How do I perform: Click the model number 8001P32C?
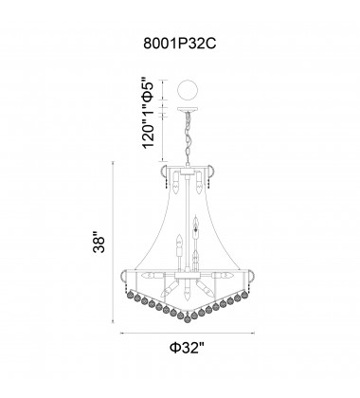[x=179, y=43]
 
